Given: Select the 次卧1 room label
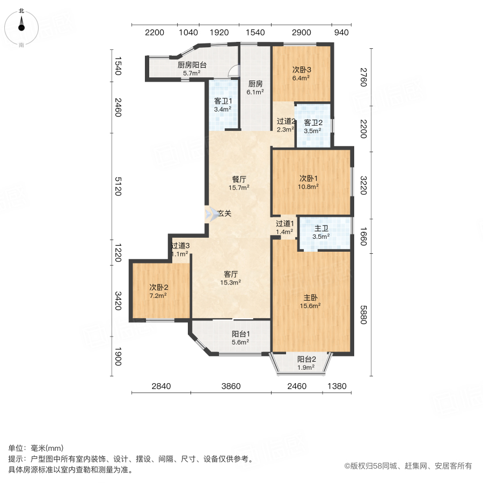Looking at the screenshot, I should click(x=309, y=178).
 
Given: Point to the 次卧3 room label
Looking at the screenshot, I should click(x=302, y=69).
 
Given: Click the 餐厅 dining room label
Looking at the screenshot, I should click(x=239, y=179).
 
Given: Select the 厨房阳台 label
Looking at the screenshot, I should click(x=192, y=65).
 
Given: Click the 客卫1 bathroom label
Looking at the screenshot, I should click(x=223, y=101).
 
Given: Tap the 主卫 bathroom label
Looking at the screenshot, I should click(x=322, y=228).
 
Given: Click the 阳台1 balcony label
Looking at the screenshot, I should click(x=240, y=333).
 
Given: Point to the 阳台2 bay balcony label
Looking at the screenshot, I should click(x=306, y=360).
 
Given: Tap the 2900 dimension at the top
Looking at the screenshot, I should click(x=302, y=33).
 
